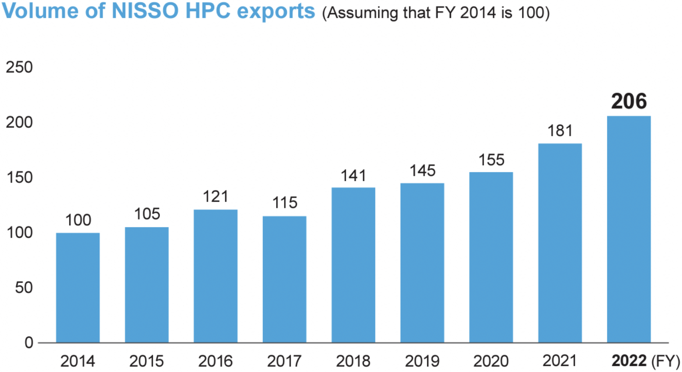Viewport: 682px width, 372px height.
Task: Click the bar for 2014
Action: (78, 287)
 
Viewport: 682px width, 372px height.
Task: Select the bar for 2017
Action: (284, 279)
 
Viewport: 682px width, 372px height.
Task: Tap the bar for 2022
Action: (629, 229)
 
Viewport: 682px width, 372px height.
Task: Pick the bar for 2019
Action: (422, 263)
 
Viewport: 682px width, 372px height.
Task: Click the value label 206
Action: (629, 101)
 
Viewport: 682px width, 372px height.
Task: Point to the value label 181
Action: (560, 131)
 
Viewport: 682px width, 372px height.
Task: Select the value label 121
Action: (215, 196)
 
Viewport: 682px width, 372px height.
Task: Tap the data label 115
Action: (285, 203)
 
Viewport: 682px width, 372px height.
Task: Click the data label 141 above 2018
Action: (353, 176)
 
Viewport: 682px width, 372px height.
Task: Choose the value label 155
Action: (491, 160)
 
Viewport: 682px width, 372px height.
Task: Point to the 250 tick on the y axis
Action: (19, 67)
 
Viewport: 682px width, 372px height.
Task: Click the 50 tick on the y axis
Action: (24, 287)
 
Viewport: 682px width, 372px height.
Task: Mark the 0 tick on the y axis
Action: (29, 342)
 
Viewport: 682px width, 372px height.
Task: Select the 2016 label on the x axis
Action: (215, 361)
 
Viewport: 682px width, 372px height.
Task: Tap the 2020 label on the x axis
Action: (491, 361)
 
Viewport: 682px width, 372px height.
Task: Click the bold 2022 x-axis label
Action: (629, 361)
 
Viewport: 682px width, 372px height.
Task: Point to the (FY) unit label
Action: (665, 361)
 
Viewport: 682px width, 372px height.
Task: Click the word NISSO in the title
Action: (145, 11)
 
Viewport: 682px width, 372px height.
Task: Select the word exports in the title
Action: (276, 11)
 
